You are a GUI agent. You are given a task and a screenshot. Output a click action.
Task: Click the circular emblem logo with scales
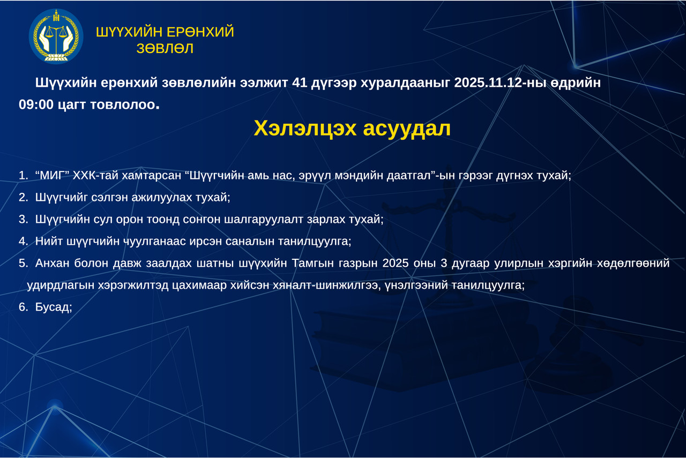coord(56,36)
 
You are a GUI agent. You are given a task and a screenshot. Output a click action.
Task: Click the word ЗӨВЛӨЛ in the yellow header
coord(165,48)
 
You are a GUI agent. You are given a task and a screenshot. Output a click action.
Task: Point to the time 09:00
coord(36,104)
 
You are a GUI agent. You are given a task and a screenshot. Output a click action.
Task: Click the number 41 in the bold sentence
coord(300,82)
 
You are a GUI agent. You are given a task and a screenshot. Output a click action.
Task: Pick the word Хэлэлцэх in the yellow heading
coord(305,128)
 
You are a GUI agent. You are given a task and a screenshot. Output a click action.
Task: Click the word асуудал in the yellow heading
coord(407,129)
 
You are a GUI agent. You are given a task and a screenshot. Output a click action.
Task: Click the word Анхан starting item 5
coord(53,264)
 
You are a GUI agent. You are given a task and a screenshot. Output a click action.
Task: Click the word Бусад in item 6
coord(53,307)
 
